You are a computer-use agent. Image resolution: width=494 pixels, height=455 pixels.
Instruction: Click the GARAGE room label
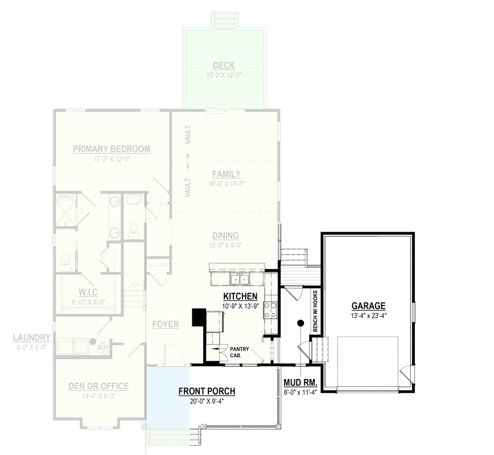[368, 305]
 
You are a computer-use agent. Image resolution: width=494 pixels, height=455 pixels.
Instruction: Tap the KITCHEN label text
[240, 296]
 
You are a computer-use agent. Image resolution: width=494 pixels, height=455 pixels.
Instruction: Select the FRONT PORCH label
[207, 391]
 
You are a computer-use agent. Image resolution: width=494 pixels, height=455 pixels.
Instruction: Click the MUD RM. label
[300, 382]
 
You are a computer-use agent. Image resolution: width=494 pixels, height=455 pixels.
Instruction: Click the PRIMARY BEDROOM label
[112, 149]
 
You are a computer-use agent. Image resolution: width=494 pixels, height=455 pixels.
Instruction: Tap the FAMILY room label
[226, 174]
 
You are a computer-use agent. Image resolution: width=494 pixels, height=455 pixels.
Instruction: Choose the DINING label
[226, 235]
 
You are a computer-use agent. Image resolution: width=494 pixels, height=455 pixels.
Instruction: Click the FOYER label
[166, 324]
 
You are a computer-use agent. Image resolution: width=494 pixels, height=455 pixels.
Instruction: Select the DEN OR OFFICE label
[98, 386]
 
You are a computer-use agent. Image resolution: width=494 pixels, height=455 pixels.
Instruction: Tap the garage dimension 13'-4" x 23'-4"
[368, 315]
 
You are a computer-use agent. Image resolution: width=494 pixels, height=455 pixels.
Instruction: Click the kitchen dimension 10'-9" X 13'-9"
[240, 306]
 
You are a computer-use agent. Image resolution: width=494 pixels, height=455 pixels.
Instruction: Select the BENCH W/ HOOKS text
[315, 313]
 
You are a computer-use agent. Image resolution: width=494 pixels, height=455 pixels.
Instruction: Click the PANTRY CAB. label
[236, 351]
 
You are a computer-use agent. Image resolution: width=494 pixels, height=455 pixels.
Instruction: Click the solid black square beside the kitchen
[199, 317]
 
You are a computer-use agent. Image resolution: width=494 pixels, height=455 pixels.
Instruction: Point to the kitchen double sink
[238, 279]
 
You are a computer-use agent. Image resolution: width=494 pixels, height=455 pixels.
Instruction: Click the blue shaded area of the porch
[168, 396]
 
